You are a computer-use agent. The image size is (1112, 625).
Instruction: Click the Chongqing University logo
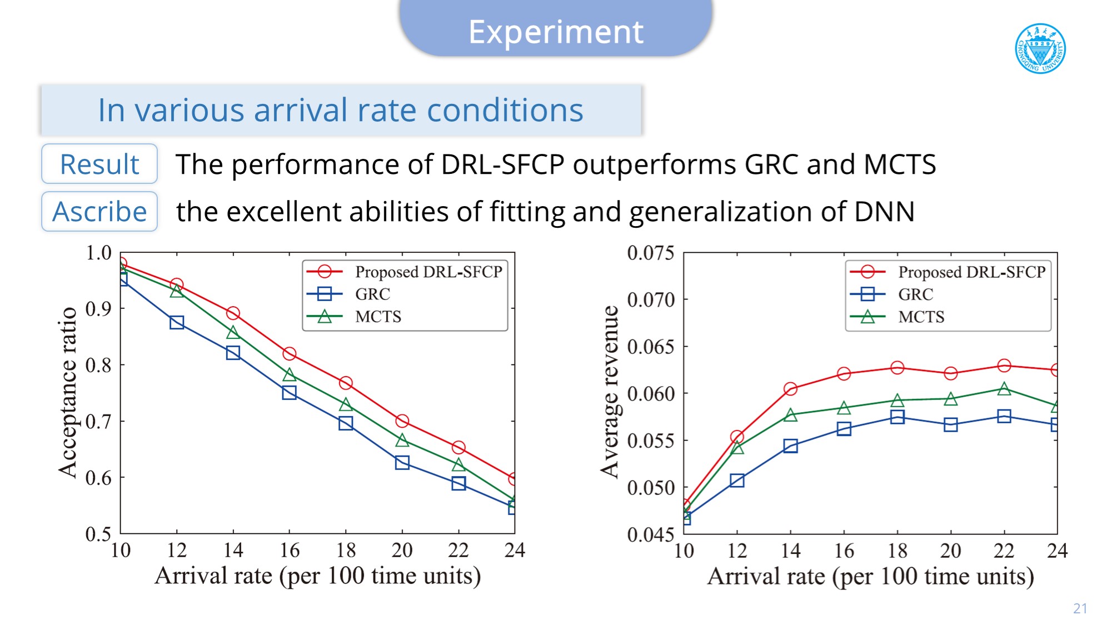pos(1040,48)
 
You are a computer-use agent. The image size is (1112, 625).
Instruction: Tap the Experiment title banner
pos(556,31)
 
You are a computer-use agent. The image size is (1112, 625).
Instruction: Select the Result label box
pos(99,164)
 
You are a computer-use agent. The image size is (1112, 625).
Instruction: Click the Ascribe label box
pos(99,212)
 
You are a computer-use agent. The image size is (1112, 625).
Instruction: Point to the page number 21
pos(1080,608)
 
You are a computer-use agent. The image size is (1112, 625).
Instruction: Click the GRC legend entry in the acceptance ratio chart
pos(372,294)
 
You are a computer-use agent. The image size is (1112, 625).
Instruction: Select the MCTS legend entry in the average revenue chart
pos(921,317)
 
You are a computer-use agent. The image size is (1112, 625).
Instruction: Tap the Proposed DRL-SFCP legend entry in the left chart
pos(428,272)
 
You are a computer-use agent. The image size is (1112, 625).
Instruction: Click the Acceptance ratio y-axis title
pos(68,392)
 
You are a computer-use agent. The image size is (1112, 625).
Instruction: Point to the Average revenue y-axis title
pos(610,392)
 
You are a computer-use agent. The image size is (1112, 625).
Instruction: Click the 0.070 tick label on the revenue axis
pos(650,300)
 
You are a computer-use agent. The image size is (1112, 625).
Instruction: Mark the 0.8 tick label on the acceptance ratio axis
pos(98,365)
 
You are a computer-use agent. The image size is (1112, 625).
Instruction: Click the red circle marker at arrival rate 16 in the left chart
pos(289,354)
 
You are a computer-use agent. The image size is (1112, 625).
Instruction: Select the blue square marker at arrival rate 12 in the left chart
pos(177,323)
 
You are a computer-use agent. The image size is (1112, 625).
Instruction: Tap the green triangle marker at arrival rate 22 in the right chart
pos(1004,389)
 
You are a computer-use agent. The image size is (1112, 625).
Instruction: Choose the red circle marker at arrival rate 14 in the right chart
pos(790,389)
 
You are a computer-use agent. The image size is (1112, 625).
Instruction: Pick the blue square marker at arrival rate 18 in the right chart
pos(897,417)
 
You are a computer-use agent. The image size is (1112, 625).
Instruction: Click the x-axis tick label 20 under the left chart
pos(402,551)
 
